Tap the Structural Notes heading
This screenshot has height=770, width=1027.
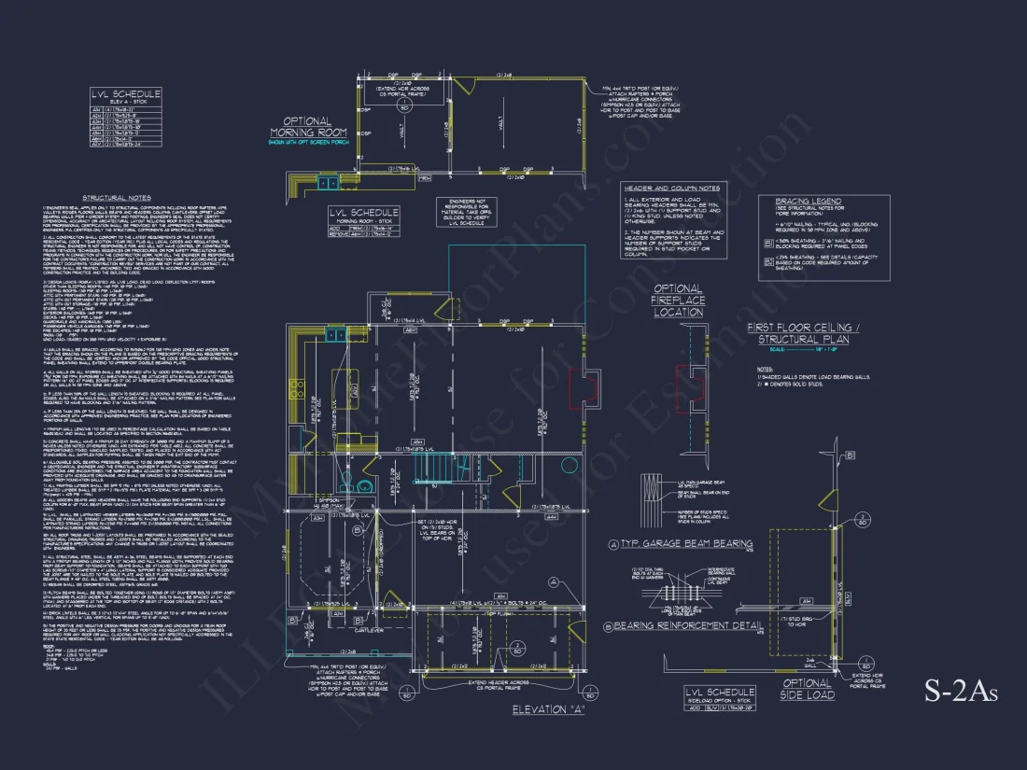point(116,198)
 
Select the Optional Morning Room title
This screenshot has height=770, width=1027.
point(307,127)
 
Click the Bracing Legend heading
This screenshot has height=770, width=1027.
point(808,201)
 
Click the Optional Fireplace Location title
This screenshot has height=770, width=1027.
point(678,301)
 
